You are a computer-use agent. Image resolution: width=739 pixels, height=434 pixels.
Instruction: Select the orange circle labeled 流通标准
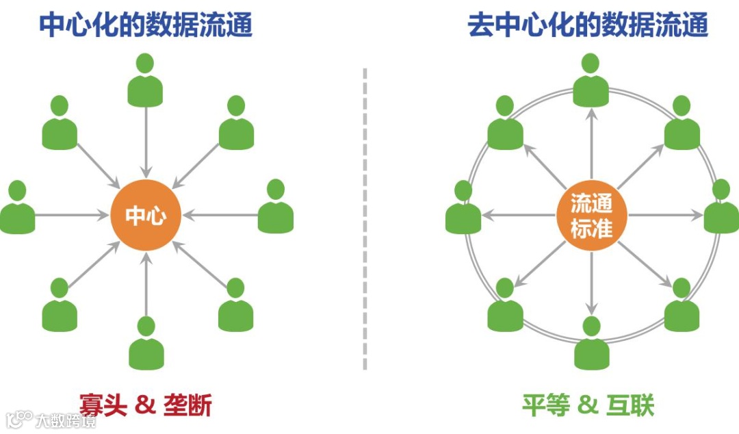pyautogui.click(x=591, y=215)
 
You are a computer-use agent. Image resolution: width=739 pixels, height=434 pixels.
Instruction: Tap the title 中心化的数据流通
pyautogui.click(x=146, y=25)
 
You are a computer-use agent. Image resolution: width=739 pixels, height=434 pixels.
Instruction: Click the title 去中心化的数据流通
pyautogui.click(x=587, y=25)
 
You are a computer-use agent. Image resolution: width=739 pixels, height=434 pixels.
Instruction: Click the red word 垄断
pyautogui.click(x=187, y=405)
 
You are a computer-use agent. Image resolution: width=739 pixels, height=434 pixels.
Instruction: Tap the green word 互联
pyautogui.click(x=630, y=405)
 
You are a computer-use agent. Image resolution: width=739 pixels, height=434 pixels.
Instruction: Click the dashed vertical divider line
pyautogui.click(x=365, y=219)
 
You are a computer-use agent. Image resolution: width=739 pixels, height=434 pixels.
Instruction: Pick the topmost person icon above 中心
pyautogui.click(x=145, y=81)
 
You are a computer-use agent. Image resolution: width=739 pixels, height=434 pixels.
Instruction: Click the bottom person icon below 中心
pyautogui.click(x=146, y=344)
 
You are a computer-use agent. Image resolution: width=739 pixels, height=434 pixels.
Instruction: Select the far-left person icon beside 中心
pyautogui.click(x=17, y=208)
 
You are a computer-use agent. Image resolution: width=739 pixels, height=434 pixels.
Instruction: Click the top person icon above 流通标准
pyautogui.click(x=591, y=81)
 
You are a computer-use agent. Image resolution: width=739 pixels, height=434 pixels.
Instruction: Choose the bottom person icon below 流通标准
pyautogui.click(x=591, y=344)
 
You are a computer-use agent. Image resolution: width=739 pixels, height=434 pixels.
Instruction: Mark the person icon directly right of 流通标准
pyautogui.click(x=721, y=208)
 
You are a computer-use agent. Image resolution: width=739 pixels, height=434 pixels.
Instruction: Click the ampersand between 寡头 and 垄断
pyautogui.click(x=146, y=405)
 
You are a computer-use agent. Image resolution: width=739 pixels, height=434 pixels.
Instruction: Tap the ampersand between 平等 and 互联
pyautogui.click(x=588, y=405)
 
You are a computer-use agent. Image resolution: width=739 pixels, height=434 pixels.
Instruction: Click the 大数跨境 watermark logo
pyautogui.click(x=51, y=419)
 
